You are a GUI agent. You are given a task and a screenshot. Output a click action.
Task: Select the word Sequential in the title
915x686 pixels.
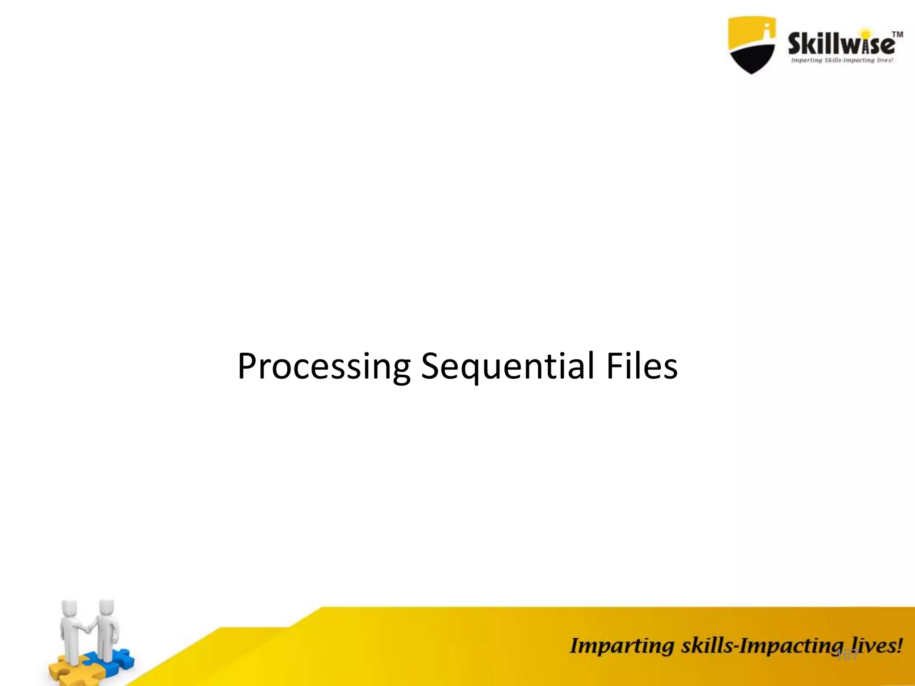coord(508,366)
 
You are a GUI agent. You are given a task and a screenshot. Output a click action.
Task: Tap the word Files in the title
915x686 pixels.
coord(642,366)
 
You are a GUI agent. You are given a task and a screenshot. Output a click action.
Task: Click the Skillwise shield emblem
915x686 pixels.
coord(751,45)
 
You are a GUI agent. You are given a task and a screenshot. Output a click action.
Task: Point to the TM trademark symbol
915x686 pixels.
coord(897,35)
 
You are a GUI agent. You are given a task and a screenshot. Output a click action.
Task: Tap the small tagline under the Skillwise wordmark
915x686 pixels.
coord(842,60)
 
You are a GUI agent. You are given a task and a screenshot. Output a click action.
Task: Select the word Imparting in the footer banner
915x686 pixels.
coord(621,647)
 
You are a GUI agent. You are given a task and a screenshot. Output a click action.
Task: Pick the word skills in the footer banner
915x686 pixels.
coord(706,646)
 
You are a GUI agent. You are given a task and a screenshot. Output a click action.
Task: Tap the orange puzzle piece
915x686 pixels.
coord(63,670)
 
